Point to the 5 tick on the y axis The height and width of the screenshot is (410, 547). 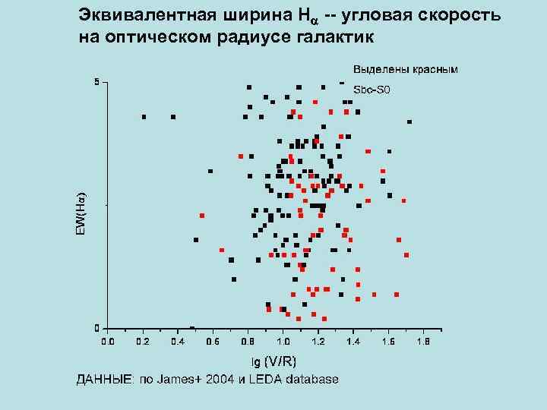coord(96,81)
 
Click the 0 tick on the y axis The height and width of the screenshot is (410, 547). coord(96,328)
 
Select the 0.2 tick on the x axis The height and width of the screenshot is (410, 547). coord(142,342)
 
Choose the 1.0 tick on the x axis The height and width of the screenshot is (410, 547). coord(283,342)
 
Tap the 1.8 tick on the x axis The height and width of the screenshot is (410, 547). coord(423,342)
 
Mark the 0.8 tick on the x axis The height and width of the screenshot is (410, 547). coord(248,342)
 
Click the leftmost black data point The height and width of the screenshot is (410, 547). coord(144,117)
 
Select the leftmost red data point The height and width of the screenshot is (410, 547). coord(202,216)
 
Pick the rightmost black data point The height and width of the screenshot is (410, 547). coord(409,121)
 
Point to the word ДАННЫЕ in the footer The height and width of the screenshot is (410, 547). coord(101,379)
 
